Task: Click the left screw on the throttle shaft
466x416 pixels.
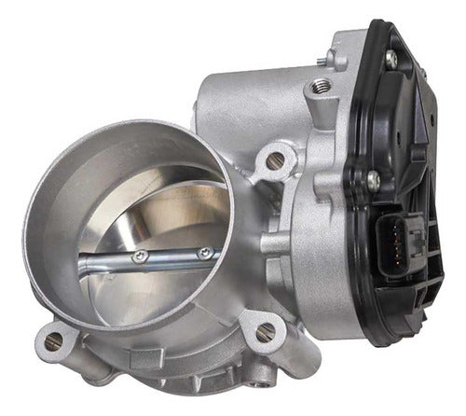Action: point(141,256)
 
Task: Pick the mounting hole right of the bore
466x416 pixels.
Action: point(273,160)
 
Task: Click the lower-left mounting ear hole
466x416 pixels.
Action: point(53,341)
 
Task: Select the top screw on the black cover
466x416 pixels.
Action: point(391,59)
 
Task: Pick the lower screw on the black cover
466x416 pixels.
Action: point(374,177)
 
